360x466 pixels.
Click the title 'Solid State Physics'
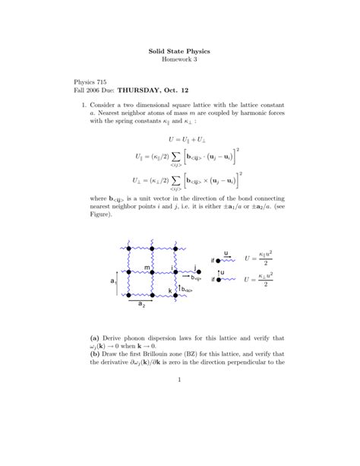179,51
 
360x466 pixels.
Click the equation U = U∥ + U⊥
180,141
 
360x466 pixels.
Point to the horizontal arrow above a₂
142,298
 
